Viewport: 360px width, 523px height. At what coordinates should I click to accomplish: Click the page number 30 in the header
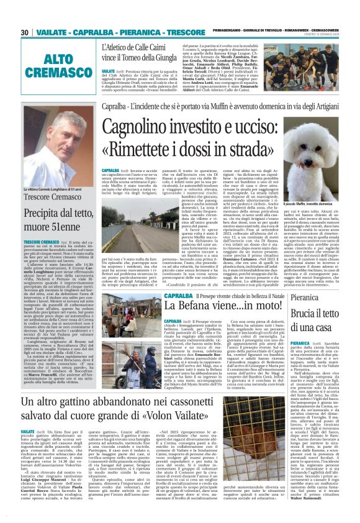(x=25, y=32)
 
